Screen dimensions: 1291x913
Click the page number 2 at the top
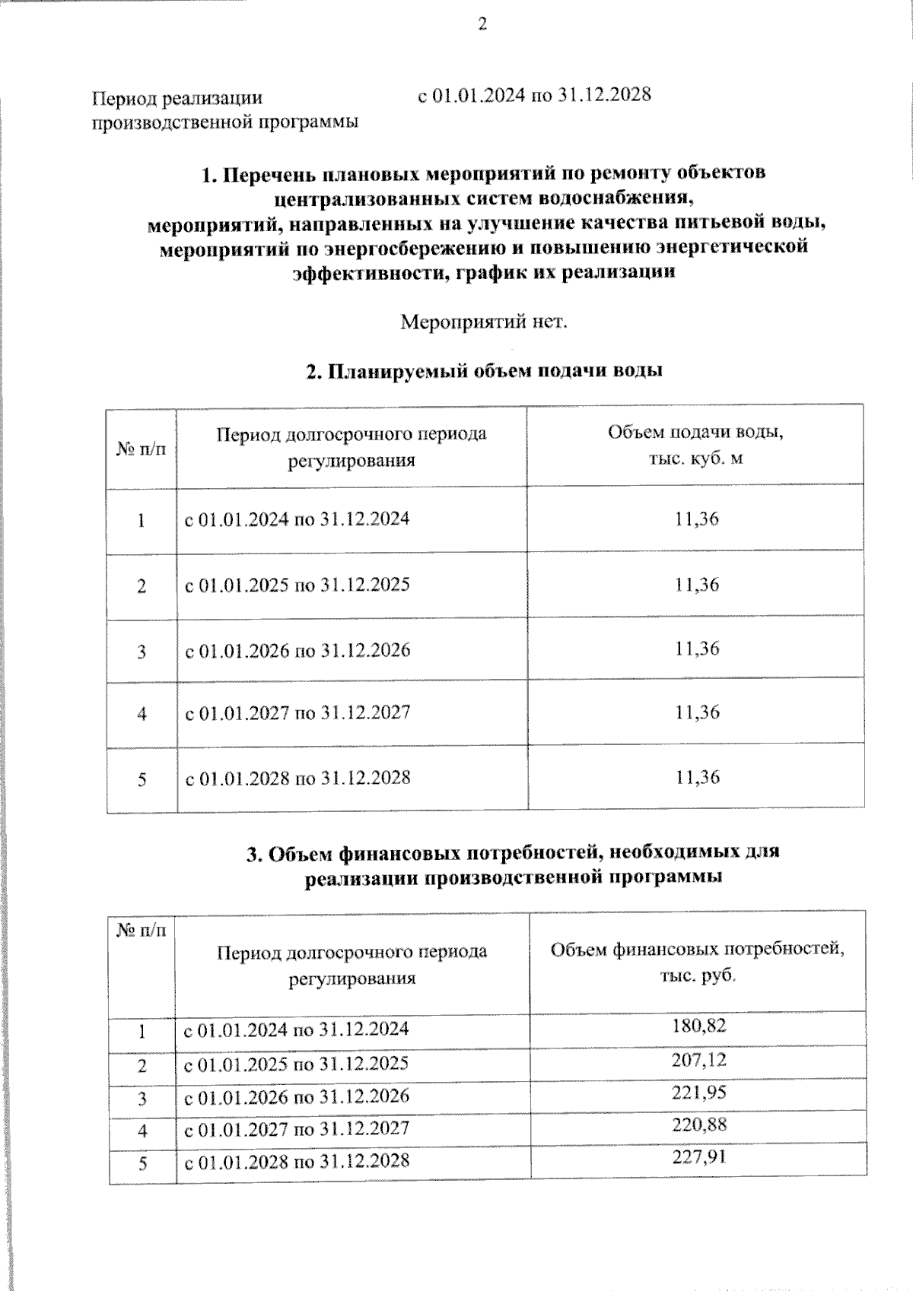(x=482, y=25)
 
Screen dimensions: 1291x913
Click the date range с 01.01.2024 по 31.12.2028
(x=534, y=96)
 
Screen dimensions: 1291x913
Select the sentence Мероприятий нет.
(x=484, y=322)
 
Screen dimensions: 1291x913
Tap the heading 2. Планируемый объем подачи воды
(x=484, y=371)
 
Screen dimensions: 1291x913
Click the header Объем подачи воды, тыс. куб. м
(x=695, y=446)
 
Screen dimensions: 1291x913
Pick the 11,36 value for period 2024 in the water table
(x=696, y=519)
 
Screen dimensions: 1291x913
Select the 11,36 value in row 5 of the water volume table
(x=696, y=777)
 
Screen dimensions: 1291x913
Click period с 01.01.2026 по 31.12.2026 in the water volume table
(x=297, y=651)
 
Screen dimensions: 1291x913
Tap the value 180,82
(x=698, y=1026)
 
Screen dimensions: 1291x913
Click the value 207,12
(x=698, y=1060)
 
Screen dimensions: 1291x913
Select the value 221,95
(x=698, y=1093)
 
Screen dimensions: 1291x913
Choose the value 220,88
(x=698, y=1125)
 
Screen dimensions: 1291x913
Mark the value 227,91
(x=698, y=1158)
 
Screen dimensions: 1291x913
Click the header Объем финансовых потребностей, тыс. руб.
(x=697, y=962)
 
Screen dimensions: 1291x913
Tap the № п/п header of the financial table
(x=142, y=931)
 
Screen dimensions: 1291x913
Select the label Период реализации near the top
(x=177, y=98)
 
